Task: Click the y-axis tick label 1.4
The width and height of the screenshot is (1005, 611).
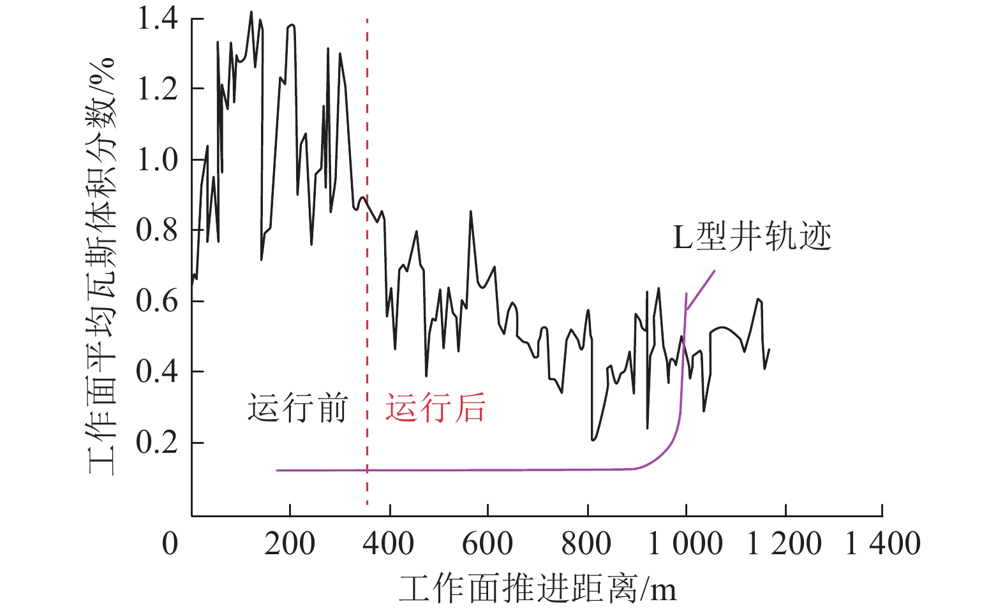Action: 157,19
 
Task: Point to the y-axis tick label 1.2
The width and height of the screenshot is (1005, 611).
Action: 157,89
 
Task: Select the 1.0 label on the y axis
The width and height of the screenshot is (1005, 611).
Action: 157,159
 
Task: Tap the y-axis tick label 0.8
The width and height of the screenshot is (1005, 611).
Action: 157,230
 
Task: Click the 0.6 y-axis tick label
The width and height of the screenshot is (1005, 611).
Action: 157,301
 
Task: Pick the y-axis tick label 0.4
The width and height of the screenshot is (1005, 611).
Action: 157,371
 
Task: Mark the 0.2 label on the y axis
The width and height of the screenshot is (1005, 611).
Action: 157,442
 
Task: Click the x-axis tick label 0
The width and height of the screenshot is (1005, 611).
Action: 170,544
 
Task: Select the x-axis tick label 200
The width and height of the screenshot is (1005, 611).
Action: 290,544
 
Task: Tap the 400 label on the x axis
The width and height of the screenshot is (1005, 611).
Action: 389,544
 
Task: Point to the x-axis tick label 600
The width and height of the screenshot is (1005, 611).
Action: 488,544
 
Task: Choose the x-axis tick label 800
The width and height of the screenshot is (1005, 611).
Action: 586,544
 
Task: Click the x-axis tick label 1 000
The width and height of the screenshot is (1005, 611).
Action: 685,544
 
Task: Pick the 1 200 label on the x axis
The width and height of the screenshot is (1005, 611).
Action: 784,544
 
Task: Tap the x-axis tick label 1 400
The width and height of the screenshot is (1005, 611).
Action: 882,544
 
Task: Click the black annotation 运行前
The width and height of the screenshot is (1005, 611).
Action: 298,408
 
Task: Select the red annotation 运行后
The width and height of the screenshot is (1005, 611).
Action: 435,408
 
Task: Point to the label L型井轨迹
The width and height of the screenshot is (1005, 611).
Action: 752,237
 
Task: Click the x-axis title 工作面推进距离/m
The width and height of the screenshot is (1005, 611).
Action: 537,589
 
